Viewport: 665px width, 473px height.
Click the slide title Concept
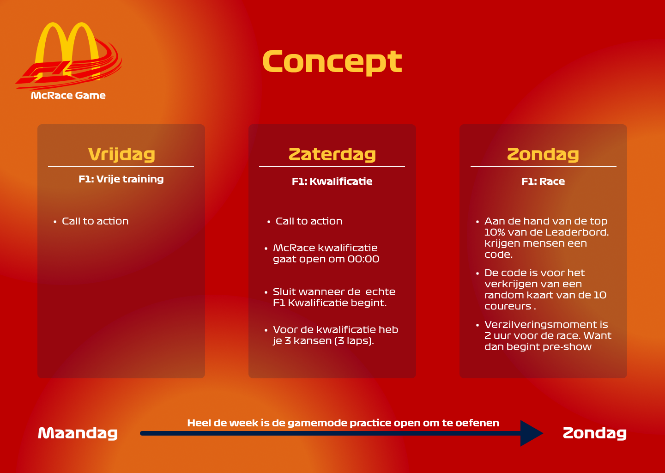click(x=332, y=62)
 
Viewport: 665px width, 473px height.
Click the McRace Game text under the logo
click(x=68, y=95)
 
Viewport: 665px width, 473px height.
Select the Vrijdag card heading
click(x=121, y=154)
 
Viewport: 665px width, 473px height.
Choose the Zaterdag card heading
click(x=332, y=154)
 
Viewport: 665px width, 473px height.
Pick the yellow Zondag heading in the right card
click(x=543, y=154)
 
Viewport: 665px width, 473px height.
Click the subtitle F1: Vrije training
click(x=121, y=179)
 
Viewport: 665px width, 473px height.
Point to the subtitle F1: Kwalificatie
click(x=332, y=181)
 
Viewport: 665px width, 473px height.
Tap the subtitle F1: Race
click(x=543, y=181)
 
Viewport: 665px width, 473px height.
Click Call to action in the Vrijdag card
click(x=95, y=221)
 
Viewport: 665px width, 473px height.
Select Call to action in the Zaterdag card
click(x=309, y=221)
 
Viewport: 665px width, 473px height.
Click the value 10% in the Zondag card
click(x=495, y=232)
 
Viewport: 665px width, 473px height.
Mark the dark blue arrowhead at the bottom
click(x=532, y=433)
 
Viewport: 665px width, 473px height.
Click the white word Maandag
click(x=78, y=434)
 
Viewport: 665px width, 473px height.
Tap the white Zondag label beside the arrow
click(x=595, y=434)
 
